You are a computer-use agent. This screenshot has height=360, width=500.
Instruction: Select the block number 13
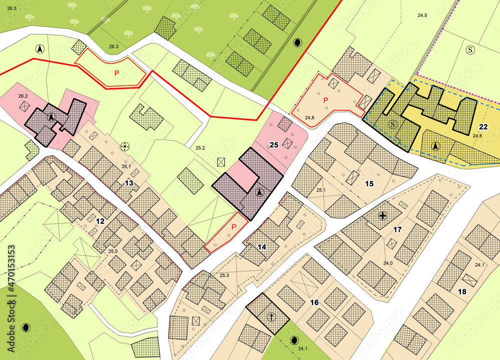tap(129, 183)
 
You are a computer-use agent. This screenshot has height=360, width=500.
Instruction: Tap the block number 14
tap(261, 247)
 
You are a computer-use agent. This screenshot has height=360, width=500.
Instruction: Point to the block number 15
tap(369, 184)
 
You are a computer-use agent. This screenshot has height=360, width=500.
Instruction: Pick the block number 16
tap(314, 302)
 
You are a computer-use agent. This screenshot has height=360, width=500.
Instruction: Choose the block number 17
tap(397, 230)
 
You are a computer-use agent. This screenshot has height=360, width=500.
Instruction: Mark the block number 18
tap(461, 291)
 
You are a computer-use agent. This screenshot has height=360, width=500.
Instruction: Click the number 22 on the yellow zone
tap(483, 126)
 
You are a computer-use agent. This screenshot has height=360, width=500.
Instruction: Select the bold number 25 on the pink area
tap(273, 145)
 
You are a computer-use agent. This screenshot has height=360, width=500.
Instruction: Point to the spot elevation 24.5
tap(422, 15)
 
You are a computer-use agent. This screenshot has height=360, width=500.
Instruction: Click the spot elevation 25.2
tap(200, 148)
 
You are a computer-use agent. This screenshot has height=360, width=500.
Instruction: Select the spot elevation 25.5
tap(113, 251)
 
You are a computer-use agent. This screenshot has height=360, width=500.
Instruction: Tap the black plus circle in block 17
tap(383, 216)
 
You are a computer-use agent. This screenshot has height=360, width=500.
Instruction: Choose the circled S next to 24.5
tap(470, 49)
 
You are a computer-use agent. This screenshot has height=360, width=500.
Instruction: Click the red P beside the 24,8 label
tap(325, 100)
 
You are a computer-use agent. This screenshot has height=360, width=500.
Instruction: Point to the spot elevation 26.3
tap(113, 46)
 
